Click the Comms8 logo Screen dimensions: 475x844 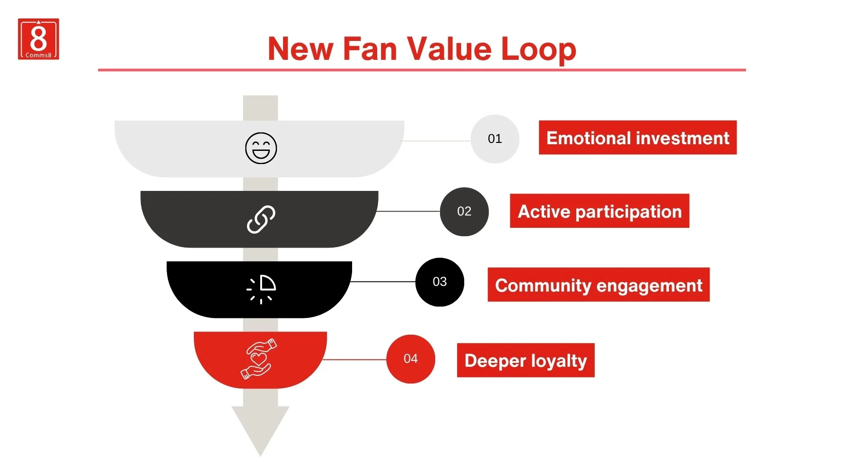(38, 39)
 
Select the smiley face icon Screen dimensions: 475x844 (261, 148)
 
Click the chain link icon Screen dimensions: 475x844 (261, 219)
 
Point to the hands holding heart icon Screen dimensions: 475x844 (259, 358)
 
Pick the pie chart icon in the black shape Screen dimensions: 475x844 (262, 289)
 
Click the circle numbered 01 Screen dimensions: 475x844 (495, 139)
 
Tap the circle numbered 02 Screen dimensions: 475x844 (464, 212)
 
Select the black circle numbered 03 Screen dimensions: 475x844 (440, 282)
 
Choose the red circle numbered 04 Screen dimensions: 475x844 (411, 359)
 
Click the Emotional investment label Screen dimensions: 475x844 (637, 138)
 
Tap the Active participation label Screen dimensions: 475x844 (600, 211)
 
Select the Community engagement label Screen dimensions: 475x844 (598, 285)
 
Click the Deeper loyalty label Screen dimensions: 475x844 (526, 360)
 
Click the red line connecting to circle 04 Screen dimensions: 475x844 (355, 359)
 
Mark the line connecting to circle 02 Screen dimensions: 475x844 (409, 212)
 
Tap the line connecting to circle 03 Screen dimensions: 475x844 (383, 281)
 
